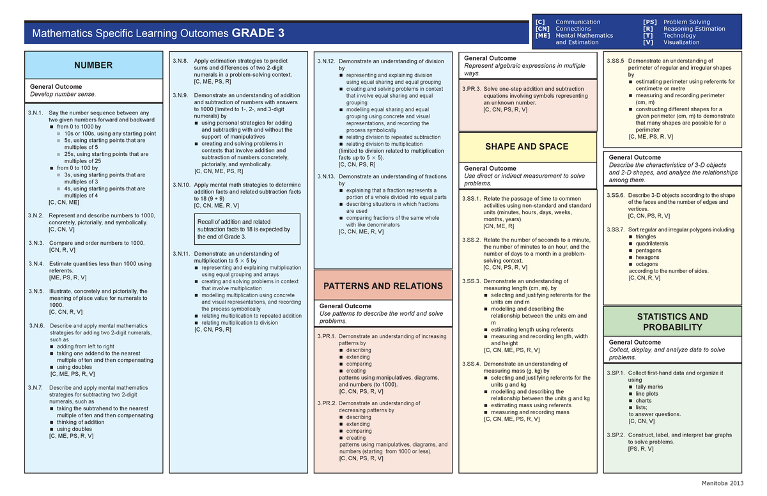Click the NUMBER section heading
(93, 65)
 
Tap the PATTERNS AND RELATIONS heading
(383, 286)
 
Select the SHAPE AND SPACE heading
(527, 146)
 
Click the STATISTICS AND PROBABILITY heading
(672, 322)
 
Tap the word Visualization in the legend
(681, 42)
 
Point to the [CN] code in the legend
(543, 29)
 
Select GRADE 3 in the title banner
(258, 33)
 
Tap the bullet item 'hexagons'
(648, 257)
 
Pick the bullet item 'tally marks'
(649, 387)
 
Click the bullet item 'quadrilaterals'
(653, 244)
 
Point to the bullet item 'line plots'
(647, 394)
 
